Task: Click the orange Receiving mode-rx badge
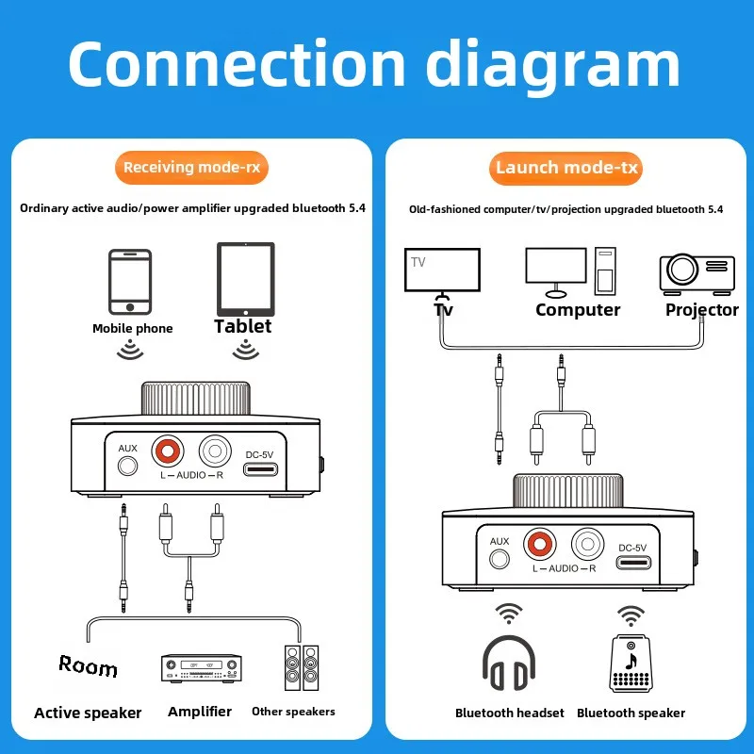point(191,168)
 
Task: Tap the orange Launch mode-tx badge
point(566,168)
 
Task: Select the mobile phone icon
point(130,282)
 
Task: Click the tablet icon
point(246,280)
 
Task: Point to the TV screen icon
point(442,271)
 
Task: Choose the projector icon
point(697,271)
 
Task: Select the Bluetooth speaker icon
point(631,665)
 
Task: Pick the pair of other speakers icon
point(302,668)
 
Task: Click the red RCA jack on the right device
point(542,544)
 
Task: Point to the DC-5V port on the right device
point(631,563)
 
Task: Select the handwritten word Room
point(88,666)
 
